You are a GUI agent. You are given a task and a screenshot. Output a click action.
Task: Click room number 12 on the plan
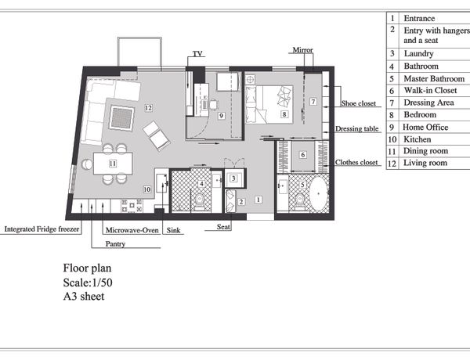click(x=148, y=108)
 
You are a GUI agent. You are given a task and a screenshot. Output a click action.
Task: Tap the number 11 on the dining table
click(x=113, y=164)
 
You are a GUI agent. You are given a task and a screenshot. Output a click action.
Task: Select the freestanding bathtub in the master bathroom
click(x=318, y=193)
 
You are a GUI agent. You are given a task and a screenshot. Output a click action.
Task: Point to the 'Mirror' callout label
click(x=302, y=50)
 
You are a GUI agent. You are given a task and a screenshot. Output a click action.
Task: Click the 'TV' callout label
click(x=197, y=54)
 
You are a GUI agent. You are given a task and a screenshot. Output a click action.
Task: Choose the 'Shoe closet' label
click(x=358, y=103)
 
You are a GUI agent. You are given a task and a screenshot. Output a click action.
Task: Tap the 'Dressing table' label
click(x=356, y=129)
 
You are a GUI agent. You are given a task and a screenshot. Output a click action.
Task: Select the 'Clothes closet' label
click(x=356, y=162)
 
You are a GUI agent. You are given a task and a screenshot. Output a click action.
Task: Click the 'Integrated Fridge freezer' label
click(x=42, y=229)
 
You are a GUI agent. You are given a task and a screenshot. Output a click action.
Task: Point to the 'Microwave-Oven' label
click(x=132, y=230)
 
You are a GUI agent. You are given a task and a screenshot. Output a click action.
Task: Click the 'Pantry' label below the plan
click(x=115, y=244)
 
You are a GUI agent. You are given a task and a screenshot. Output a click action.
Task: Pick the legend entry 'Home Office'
click(x=425, y=128)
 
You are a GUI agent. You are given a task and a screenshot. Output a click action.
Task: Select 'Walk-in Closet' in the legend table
click(x=430, y=90)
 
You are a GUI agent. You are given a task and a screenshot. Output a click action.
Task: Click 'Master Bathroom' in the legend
click(x=434, y=78)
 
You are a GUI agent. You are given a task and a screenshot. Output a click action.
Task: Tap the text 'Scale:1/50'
click(x=88, y=283)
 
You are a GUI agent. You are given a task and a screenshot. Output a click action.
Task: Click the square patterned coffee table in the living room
click(x=121, y=118)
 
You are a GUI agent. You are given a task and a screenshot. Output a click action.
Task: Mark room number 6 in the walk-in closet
click(x=302, y=154)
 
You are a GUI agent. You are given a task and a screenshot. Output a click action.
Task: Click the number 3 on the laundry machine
click(x=233, y=178)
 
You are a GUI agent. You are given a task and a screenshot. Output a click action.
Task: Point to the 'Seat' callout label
click(x=223, y=227)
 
